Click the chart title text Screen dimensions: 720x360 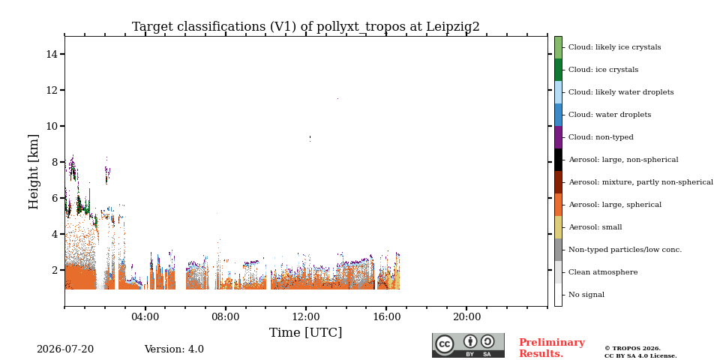point(306,27)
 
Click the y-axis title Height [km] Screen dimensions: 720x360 point(34,172)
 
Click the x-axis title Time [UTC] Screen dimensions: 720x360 point(306,332)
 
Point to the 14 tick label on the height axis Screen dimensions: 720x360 point(52,54)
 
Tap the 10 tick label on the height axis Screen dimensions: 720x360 point(52,126)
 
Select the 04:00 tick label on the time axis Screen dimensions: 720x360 point(145,316)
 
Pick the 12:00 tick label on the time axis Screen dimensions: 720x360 point(306,316)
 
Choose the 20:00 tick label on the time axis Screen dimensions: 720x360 point(466,316)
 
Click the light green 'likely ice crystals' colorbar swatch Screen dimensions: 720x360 point(558,47)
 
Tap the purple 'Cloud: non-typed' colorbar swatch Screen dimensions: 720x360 point(558,137)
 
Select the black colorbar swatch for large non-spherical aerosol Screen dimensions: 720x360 point(558,160)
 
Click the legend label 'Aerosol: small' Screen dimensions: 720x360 point(595,227)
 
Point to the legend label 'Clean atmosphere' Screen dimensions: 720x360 point(603,272)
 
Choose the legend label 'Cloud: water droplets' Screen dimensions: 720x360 point(610,115)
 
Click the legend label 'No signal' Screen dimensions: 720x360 point(586,295)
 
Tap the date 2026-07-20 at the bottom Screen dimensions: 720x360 point(65,349)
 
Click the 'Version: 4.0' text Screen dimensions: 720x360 point(174,349)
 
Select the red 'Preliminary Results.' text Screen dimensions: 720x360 point(552,348)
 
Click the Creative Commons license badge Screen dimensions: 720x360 point(468,345)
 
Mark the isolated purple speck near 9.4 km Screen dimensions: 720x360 point(310,138)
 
